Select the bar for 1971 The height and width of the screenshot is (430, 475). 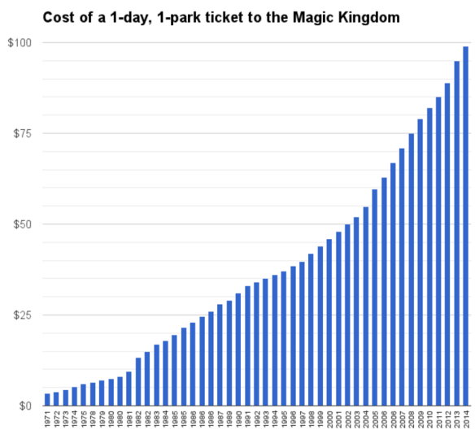[x=48, y=399]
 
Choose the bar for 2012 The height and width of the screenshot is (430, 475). [x=447, y=244]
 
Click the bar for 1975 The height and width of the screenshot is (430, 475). [x=84, y=395]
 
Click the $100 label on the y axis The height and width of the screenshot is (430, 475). [x=18, y=42]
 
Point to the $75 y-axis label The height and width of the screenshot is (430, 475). [x=20, y=133]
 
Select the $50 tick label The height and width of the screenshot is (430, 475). [x=20, y=224]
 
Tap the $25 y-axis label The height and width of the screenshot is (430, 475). [x=20, y=315]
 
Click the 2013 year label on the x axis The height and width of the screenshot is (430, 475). [x=456, y=418]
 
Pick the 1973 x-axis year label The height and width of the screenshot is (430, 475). [x=66, y=418]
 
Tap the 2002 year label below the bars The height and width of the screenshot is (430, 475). [x=348, y=418]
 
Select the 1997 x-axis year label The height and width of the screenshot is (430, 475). [x=302, y=418]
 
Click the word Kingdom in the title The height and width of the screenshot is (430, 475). [x=370, y=16]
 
